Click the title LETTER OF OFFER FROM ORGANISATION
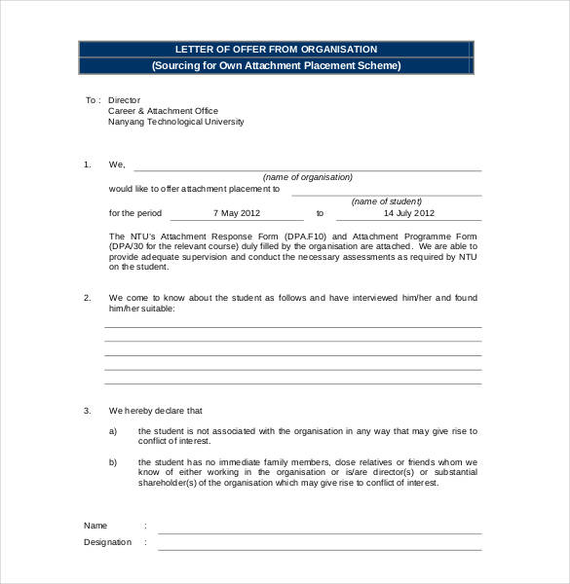click(276, 49)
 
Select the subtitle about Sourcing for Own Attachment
click(276, 66)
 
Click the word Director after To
click(124, 100)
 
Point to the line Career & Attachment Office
click(163, 111)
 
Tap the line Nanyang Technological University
click(175, 123)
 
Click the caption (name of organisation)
click(308, 177)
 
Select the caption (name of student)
click(383, 201)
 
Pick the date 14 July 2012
click(409, 212)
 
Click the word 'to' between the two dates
click(320, 212)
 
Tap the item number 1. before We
click(87, 164)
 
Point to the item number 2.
click(87, 297)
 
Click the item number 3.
click(87, 411)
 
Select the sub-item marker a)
click(113, 430)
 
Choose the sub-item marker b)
click(113, 461)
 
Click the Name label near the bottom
click(95, 525)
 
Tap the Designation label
click(107, 542)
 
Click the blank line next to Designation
click(320, 548)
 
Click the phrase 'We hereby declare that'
click(156, 411)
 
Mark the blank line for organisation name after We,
click(308, 169)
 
